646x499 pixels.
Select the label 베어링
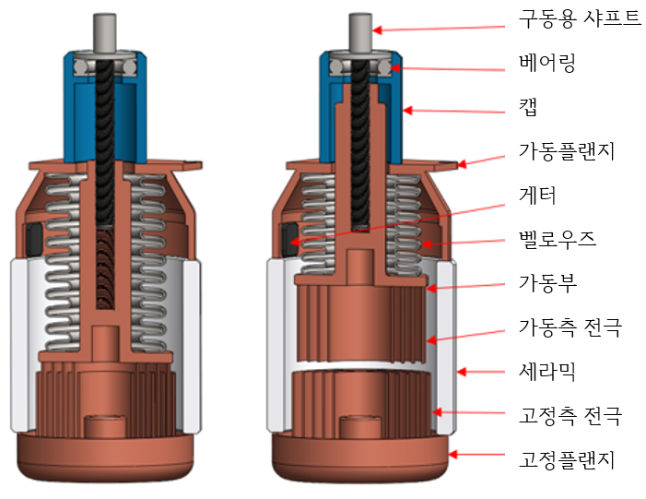[546, 65]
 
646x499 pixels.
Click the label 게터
[538, 196]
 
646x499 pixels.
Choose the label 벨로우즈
[557, 240]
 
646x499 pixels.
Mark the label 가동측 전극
[570, 327]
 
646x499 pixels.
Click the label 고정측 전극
[570, 415]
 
